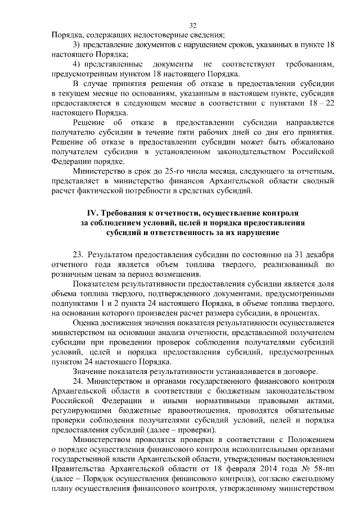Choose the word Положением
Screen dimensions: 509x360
[x=312, y=438]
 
